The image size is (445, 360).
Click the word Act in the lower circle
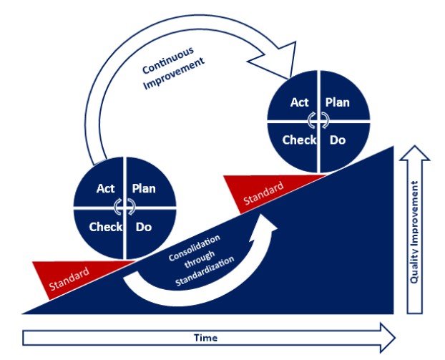pos(106,189)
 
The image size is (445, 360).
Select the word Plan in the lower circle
pos(144,189)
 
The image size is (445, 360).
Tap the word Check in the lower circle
pos(105,227)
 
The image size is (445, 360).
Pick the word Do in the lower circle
pos(143,227)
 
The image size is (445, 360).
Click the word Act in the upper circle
pos(299,102)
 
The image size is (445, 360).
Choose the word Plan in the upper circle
pos(337,102)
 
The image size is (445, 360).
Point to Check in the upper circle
pos(299,140)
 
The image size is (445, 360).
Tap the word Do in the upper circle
pos(337,140)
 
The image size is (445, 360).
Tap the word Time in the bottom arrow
pos(205,337)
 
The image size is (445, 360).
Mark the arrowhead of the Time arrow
pos(386,337)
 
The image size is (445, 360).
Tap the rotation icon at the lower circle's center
pos(125,208)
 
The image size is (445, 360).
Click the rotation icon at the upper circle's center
pos(318,121)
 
